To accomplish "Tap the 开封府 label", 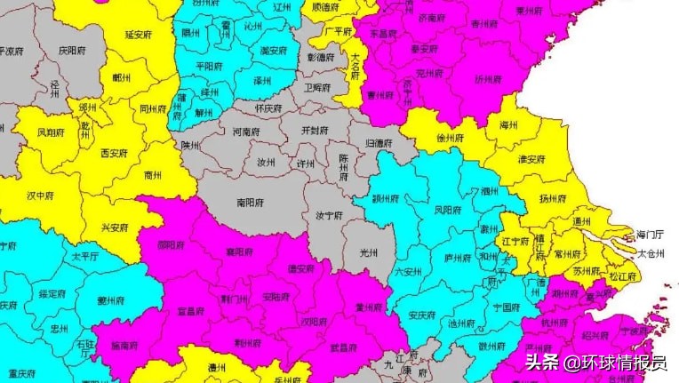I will click(316, 131).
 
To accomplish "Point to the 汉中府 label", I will click(41, 195).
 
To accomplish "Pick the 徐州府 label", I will click(451, 139).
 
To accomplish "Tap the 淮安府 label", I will click(530, 159).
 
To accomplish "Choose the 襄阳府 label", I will click(239, 252).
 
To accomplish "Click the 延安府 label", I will click(140, 35).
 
